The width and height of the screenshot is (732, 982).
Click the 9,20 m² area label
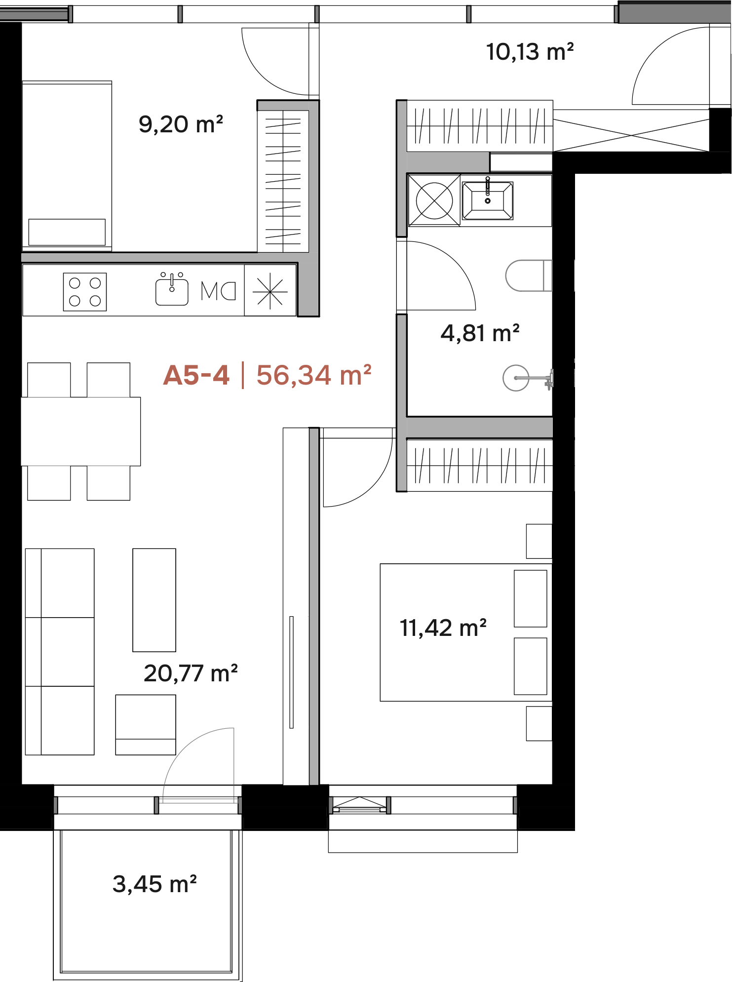[x=181, y=124]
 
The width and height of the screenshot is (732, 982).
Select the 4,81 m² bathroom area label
[x=480, y=333]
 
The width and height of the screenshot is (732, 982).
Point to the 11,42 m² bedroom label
[x=443, y=628]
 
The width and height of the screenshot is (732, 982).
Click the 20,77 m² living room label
[x=191, y=673]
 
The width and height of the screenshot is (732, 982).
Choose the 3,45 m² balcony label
[x=154, y=884]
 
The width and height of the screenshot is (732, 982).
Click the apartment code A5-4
[x=196, y=375]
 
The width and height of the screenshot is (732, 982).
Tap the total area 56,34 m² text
[x=314, y=375]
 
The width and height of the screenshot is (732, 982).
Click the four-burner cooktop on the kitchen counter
[x=85, y=292]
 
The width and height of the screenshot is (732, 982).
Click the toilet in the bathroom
[x=529, y=275]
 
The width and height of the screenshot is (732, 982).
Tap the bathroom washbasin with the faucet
[x=488, y=200]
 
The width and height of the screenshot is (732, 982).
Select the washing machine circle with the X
[x=434, y=200]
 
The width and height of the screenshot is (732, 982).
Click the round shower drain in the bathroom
[x=516, y=378]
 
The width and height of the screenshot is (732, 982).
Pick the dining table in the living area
[x=81, y=432]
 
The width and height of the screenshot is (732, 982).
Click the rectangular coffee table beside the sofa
[x=154, y=600]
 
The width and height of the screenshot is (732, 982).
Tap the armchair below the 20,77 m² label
[x=146, y=725]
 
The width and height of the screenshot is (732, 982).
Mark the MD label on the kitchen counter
[x=218, y=291]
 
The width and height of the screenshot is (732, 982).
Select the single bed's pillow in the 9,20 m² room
[x=67, y=232]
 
